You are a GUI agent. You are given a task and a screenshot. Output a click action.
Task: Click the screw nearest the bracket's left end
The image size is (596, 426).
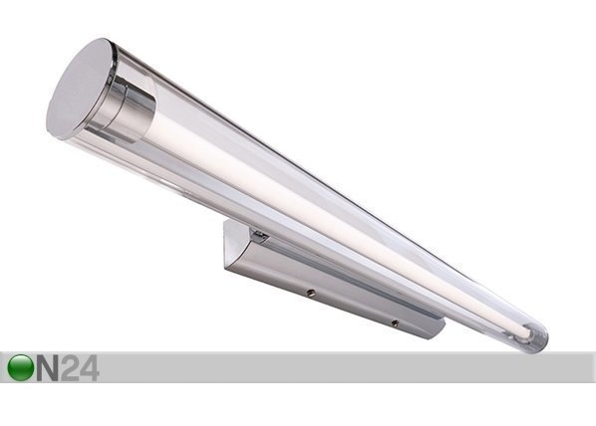click(311, 293)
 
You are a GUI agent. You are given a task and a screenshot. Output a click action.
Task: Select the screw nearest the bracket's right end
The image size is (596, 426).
click(395, 323)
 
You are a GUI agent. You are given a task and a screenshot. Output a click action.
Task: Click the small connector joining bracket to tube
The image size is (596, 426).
click(259, 236)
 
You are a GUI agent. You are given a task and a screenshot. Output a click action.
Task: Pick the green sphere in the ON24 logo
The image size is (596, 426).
click(20, 367)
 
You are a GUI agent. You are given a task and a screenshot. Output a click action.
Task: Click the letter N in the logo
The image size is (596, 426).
click(47, 368)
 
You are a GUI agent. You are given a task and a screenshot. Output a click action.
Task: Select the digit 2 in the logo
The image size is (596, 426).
click(70, 368)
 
